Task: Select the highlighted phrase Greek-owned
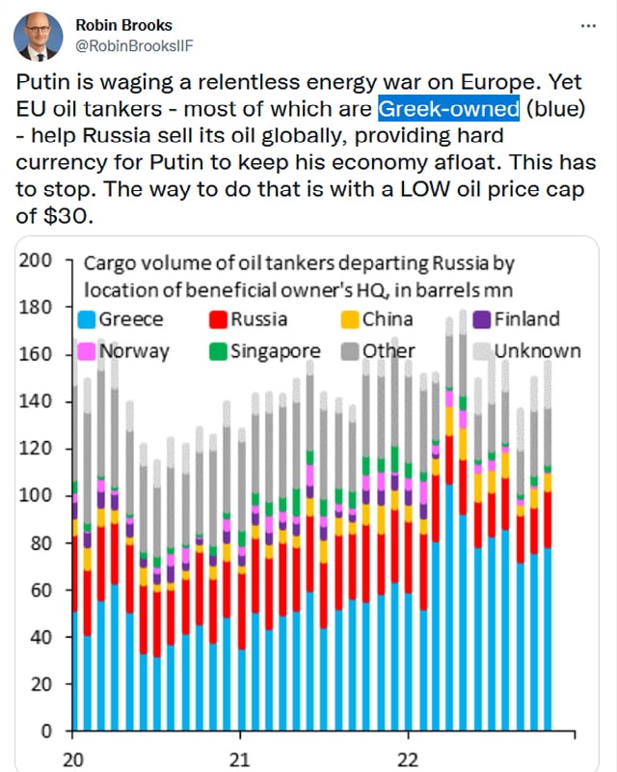point(448,108)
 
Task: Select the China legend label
point(387,319)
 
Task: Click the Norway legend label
point(133,350)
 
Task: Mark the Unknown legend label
point(537,350)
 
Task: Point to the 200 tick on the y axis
point(38,261)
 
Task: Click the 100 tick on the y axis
point(38,496)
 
